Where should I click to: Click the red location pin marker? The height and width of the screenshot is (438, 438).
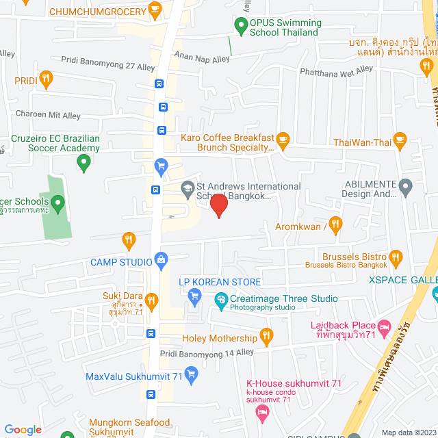tap(218, 205)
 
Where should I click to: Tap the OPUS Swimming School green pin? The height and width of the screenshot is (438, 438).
tap(240, 27)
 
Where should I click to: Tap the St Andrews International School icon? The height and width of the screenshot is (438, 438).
tap(187, 188)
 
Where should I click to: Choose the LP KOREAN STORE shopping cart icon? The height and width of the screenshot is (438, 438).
tap(194, 296)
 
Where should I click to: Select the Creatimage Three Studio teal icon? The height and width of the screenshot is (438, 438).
tap(221, 299)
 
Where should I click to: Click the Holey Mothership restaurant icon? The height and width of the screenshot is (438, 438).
tap(266, 337)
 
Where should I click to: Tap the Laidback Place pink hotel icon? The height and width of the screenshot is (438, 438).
tap(385, 328)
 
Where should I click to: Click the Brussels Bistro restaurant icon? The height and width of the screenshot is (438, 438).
tap(396, 257)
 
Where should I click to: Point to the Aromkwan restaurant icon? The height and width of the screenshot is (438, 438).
tap(335, 224)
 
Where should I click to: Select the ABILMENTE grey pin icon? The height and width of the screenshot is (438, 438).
tap(405, 186)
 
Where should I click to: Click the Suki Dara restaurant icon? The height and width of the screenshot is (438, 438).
tap(152, 299)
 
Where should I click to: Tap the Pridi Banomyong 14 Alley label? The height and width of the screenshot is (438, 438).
tap(207, 353)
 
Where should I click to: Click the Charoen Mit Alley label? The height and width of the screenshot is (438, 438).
tap(48, 116)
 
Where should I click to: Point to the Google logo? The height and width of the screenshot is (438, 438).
tap(23, 429)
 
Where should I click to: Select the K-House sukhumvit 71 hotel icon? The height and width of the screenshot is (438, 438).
tap(261, 411)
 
